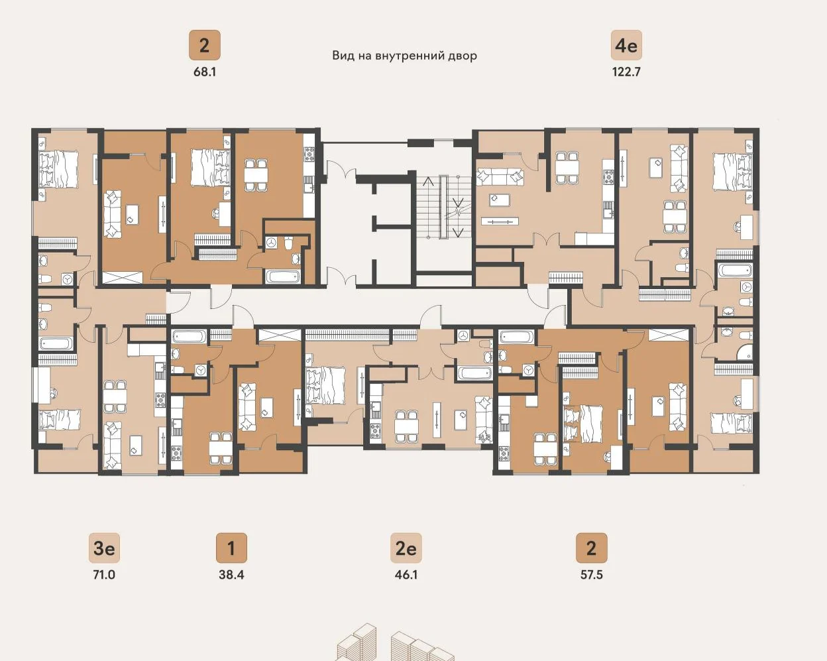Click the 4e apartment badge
626,45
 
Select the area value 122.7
626,72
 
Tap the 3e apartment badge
104,548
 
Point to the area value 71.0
104,575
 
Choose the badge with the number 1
231,548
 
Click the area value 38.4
231,575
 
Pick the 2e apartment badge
406,548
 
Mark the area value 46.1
406,575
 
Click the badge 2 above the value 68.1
205,45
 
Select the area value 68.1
205,72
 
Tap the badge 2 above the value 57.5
592,548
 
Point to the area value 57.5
592,575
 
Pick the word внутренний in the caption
408,56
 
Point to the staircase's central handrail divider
443,207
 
